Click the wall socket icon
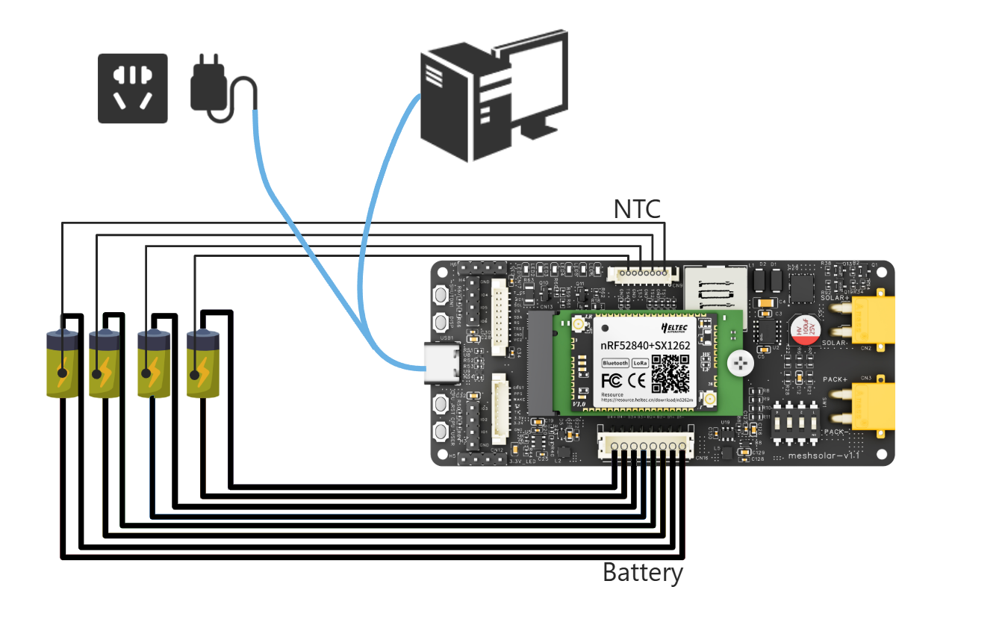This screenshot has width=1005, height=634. click(133, 88)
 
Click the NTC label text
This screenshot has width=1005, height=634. click(637, 210)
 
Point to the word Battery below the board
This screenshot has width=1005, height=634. click(642, 574)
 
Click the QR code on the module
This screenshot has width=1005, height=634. click(670, 373)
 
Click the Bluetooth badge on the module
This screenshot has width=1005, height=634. click(615, 364)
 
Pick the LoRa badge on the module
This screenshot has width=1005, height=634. click(640, 364)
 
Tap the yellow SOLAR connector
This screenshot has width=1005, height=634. click(872, 320)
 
